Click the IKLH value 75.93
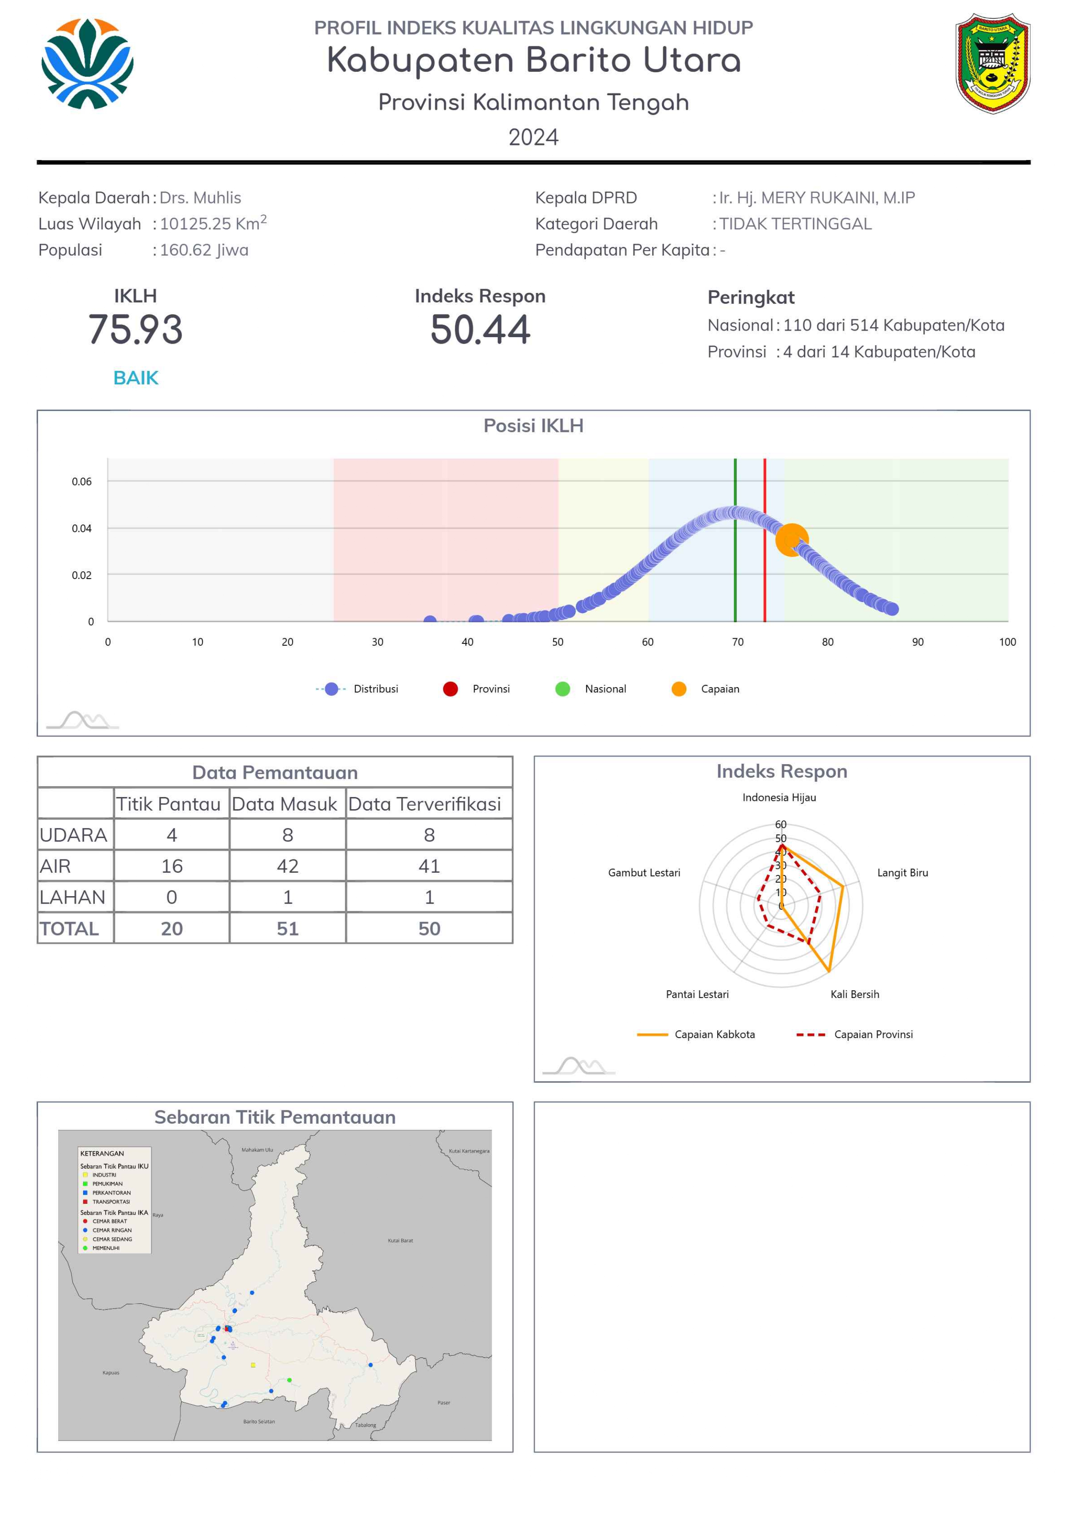pos(135,330)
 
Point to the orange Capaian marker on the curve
pos(792,540)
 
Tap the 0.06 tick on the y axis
pos(81,481)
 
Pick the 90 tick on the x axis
pos(918,642)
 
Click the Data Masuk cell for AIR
pos(288,866)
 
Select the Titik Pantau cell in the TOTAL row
pos(172,929)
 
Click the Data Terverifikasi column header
pos(425,804)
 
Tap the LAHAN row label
pos(73,897)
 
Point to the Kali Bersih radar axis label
pos(855,994)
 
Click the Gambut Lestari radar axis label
pos(644,873)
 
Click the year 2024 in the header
pos(534,138)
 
